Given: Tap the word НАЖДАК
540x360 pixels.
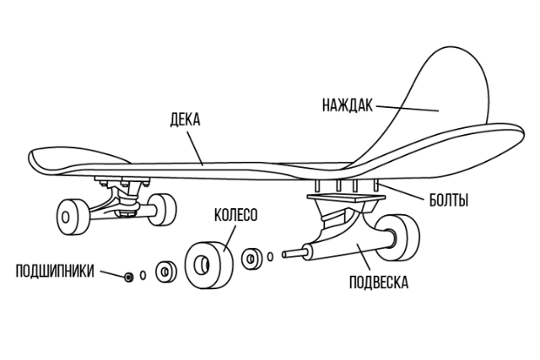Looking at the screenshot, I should (x=346, y=106).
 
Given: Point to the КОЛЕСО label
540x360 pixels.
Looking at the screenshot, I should (x=235, y=215).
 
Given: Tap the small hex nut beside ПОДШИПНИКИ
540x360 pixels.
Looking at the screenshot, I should (x=128, y=277).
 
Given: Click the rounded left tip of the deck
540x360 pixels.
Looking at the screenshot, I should (x=38, y=160).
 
